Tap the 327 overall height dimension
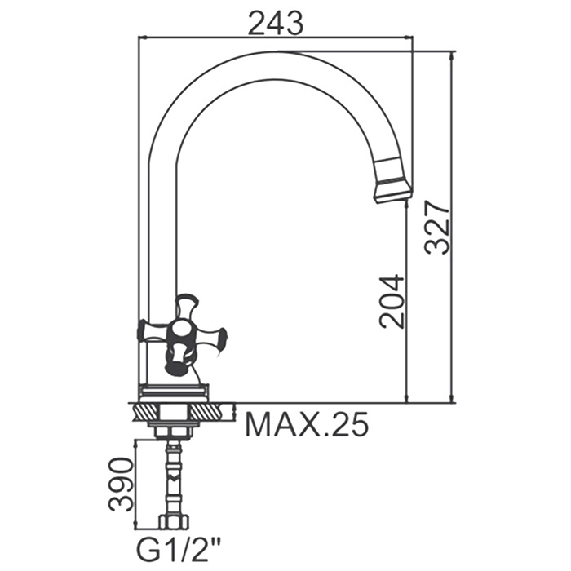click(x=439, y=226)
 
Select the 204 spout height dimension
click(x=392, y=299)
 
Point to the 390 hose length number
click(x=121, y=484)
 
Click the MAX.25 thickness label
click(x=307, y=424)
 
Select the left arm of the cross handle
click(x=151, y=330)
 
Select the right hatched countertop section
click(x=215, y=411)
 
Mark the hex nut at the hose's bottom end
click(x=172, y=523)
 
